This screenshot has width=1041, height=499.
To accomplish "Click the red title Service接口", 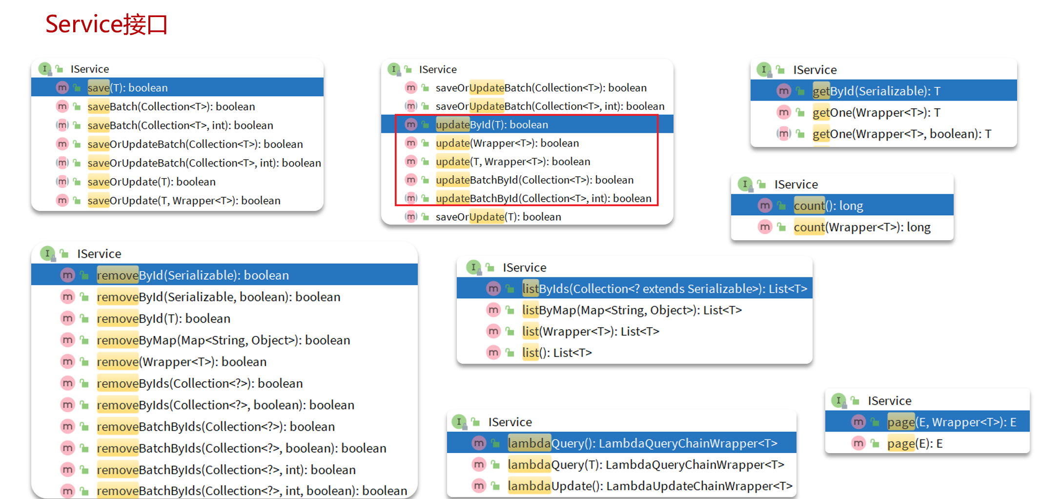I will tap(106, 24).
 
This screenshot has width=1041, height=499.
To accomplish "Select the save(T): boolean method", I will tap(127, 88).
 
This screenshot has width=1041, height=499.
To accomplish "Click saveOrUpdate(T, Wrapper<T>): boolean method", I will tap(184, 201).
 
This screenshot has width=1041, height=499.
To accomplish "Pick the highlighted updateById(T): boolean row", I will tap(491, 125).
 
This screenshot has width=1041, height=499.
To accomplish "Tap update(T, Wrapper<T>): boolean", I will tap(512, 162).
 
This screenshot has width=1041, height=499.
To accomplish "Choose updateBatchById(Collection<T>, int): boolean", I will tap(543, 199).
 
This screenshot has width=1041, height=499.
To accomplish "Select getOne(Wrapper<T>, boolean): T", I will tap(901, 134).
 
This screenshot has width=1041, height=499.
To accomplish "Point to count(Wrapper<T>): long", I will tap(862, 228).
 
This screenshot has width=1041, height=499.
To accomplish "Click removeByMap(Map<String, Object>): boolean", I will tap(223, 340).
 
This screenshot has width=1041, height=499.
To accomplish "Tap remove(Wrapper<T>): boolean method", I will tap(182, 362).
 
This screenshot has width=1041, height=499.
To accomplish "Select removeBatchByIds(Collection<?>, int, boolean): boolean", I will tap(251, 491).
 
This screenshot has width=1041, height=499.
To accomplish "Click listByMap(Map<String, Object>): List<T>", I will tap(632, 310).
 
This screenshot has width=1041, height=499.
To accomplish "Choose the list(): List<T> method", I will tap(556, 353).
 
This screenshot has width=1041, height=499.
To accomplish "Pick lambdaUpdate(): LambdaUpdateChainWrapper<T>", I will tap(650, 486).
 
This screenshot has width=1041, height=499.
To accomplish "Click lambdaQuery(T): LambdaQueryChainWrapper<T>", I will tap(646, 465).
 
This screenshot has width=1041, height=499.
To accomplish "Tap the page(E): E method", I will tap(915, 444).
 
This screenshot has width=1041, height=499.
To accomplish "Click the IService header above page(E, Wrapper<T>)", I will tap(889, 401).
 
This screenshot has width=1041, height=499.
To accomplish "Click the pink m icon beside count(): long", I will tap(765, 206).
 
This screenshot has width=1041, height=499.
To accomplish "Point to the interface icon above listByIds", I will tap(473, 267).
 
